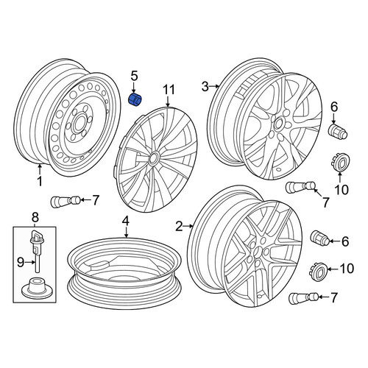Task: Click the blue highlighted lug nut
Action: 135,100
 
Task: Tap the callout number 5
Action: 135,76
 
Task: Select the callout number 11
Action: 169,90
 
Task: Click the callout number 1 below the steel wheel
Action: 40,181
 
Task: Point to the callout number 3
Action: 205,87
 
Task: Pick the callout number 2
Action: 179,226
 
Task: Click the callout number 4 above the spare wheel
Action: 126,222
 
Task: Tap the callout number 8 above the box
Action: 35,217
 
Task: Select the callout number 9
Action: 21,263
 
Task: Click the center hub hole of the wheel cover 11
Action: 153,158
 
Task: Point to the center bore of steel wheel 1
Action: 79,124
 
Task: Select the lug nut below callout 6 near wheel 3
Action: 338,131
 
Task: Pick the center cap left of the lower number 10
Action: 318,272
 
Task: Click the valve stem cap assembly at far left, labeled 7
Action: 66,202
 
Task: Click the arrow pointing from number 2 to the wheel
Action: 188,226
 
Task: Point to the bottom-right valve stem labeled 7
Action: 304,298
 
